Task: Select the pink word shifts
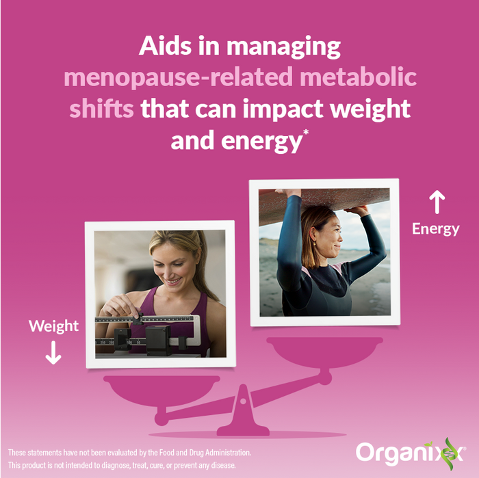[101, 108]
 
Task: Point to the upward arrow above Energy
[436, 203]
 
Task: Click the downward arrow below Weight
[53, 352]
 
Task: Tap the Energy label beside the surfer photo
[435, 229]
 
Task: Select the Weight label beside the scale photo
[53, 326]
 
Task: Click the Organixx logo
[409, 453]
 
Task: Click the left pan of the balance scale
[161, 390]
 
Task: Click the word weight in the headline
[367, 108]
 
